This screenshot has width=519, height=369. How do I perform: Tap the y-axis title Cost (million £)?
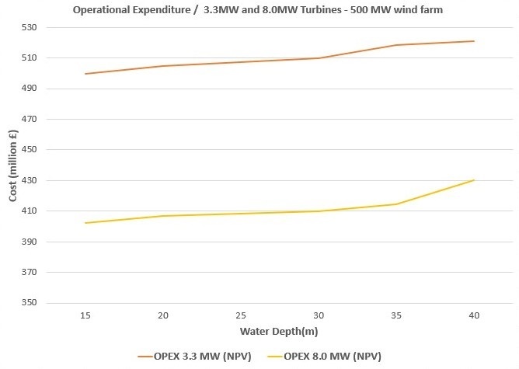pyautogui.click(x=12, y=165)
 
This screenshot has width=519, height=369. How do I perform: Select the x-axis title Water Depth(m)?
pyautogui.click(x=279, y=332)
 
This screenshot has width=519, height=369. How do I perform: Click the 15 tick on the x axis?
pyautogui.click(x=85, y=316)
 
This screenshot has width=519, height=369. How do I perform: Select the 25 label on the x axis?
pyautogui.click(x=241, y=316)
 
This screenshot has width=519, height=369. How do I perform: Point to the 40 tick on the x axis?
pyautogui.click(x=474, y=316)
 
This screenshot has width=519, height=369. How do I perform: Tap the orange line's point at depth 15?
pyautogui.click(x=85, y=74)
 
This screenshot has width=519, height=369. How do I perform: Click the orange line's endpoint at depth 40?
pyautogui.click(x=474, y=41)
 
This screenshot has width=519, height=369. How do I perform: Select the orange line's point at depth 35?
pyautogui.click(x=396, y=45)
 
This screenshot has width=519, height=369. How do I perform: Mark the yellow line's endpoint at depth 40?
pyautogui.click(x=474, y=180)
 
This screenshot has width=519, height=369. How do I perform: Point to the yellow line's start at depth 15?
pyautogui.click(x=85, y=223)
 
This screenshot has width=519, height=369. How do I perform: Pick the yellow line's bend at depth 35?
pyautogui.click(x=396, y=204)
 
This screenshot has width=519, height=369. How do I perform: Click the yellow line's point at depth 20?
pyautogui.click(x=163, y=216)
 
